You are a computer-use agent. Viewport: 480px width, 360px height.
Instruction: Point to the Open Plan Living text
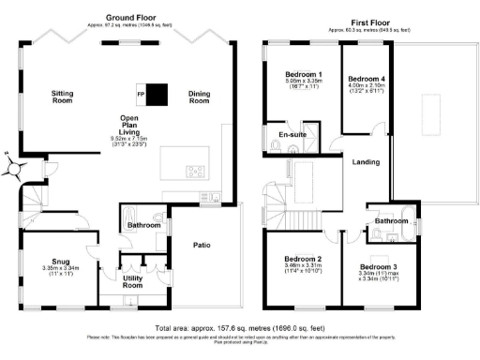point(129,125)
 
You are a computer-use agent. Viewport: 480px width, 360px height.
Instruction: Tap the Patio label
point(202,246)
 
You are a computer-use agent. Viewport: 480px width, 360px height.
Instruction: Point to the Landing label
point(366,162)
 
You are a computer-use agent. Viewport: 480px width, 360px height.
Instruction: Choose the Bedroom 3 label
point(379,267)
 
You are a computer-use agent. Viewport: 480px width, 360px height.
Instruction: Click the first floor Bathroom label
point(392,221)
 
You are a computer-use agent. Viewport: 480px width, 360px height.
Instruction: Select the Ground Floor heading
point(130,17)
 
